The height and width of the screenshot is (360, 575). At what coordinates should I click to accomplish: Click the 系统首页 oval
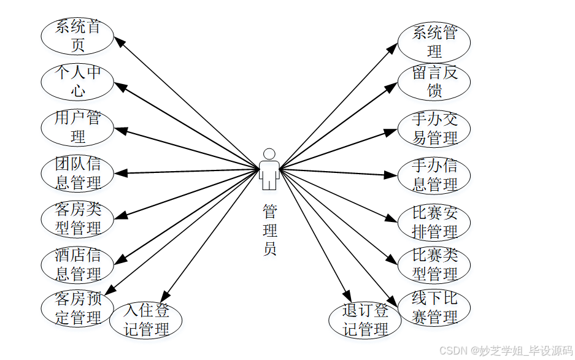coord(77,36)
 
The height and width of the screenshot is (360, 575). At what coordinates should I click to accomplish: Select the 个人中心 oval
coord(77,82)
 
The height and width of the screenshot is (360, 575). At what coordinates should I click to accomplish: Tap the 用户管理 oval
coord(77,127)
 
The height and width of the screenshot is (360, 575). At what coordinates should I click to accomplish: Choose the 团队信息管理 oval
coord(77,174)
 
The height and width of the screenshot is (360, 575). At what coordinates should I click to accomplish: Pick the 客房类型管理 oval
coord(77,219)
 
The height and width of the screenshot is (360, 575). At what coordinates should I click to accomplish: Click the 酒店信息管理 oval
coord(77,264)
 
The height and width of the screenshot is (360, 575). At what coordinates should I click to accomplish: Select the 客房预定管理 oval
coord(77,308)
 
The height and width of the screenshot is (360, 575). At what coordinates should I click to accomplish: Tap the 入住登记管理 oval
coord(146,320)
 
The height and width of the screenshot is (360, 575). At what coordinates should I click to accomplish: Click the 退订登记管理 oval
coord(365,320)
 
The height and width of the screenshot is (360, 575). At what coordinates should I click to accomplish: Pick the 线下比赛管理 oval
coord(434,308)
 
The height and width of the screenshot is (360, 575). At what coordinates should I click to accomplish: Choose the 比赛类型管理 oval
coord(434,264)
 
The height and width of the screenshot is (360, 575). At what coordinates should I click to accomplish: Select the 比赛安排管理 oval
coord(434,223)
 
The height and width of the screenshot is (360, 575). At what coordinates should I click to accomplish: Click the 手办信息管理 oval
coord(434,175)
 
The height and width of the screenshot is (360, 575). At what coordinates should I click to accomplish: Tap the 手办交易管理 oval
coord(434,129)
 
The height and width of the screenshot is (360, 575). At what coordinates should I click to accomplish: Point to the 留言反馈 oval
coord(434,82)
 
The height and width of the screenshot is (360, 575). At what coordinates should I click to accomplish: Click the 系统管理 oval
coord(434,42)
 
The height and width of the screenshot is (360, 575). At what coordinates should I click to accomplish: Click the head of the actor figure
coord(269,154)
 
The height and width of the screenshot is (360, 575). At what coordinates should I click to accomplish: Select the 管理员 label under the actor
coord(269,230)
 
